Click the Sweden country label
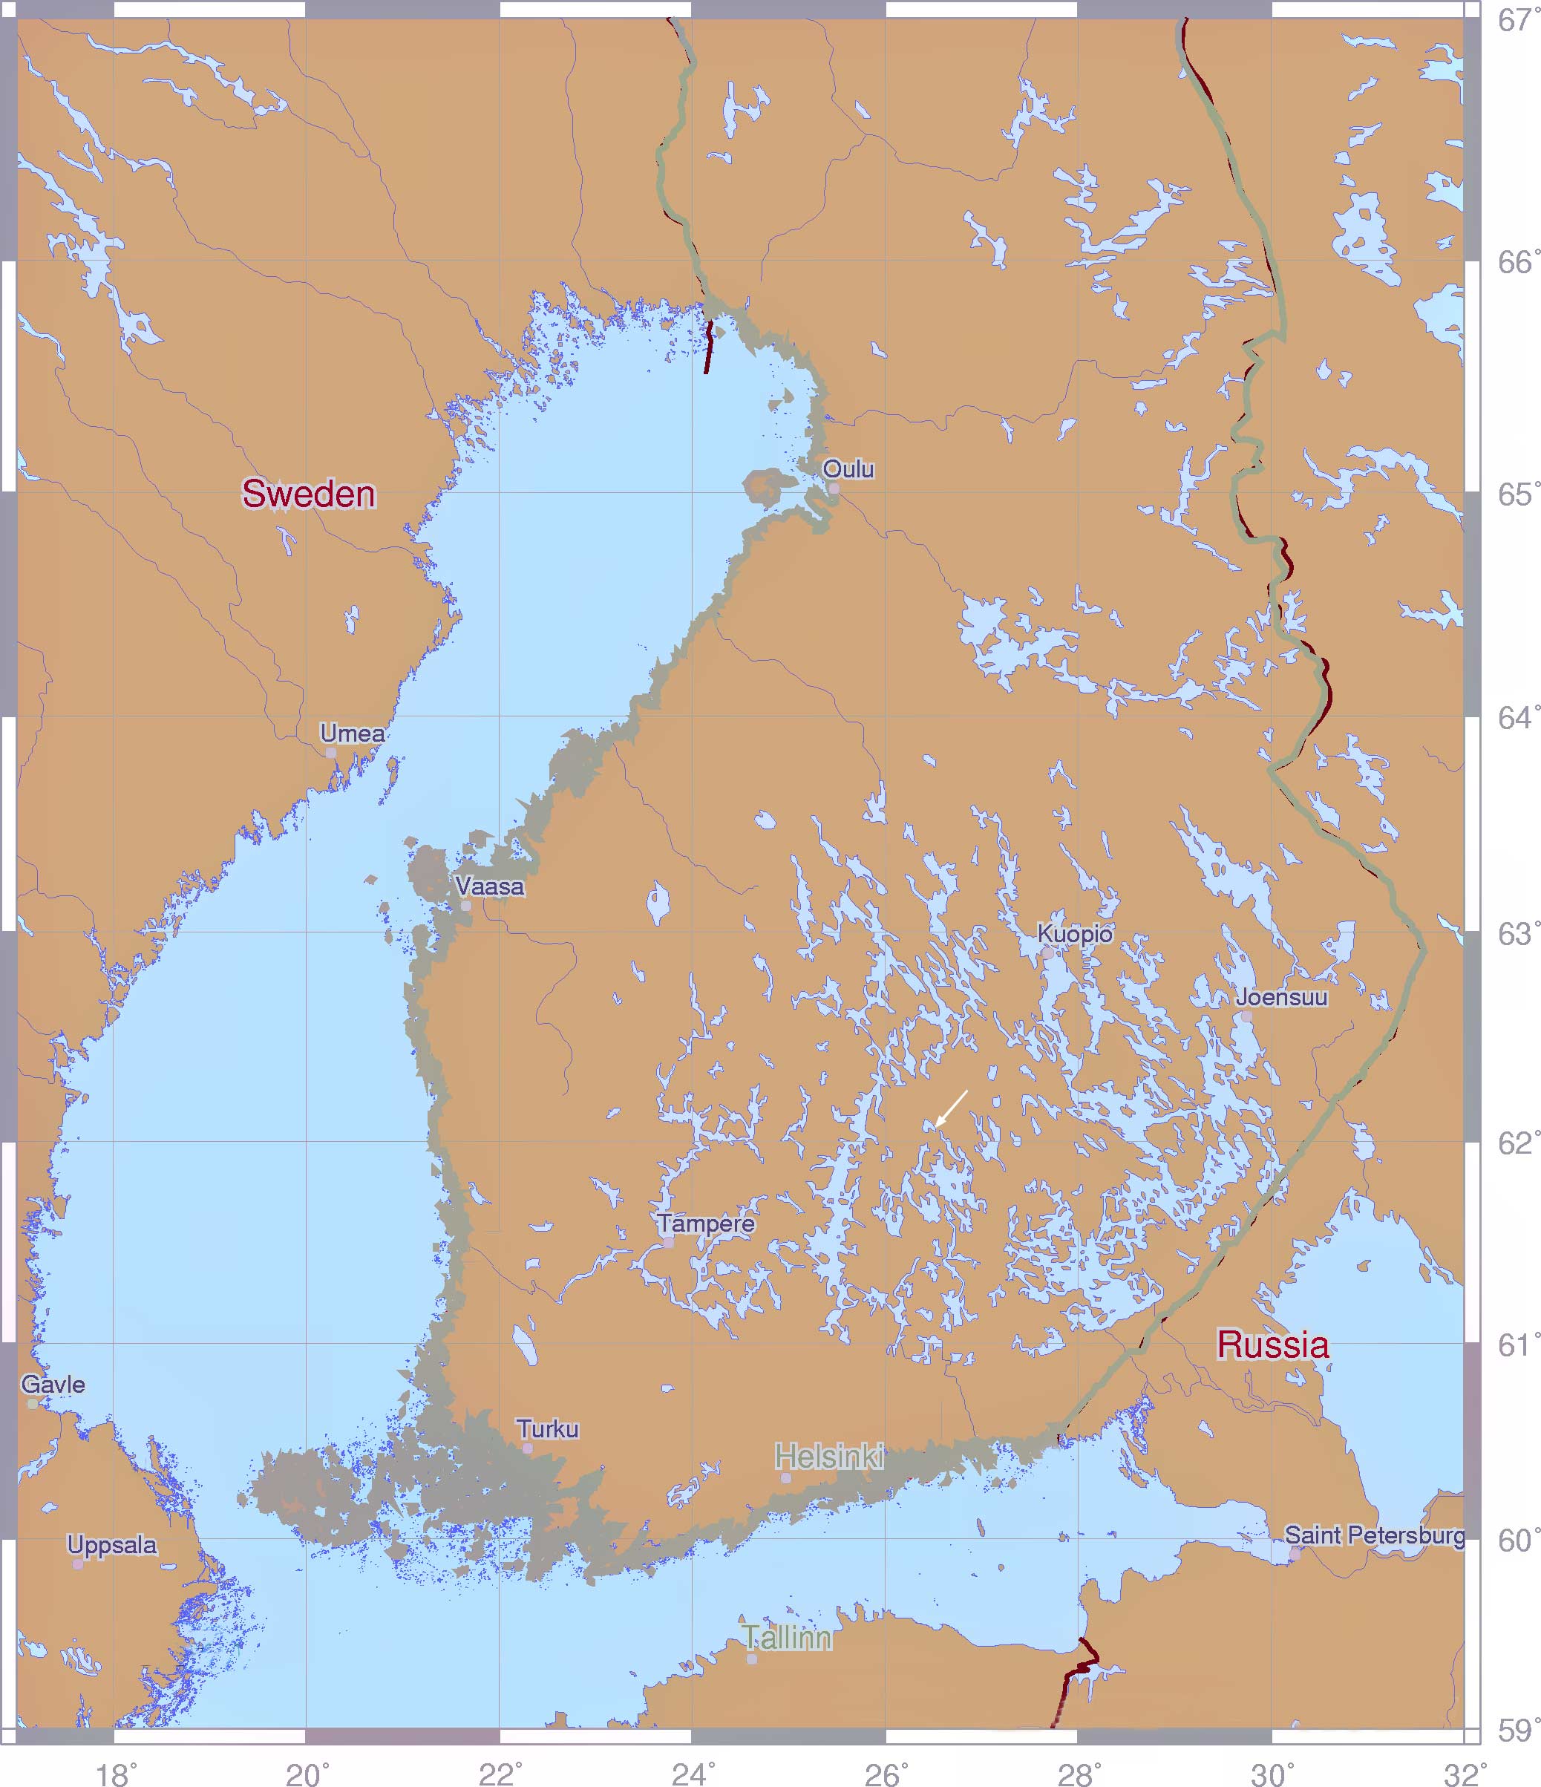point(308,494)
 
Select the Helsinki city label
point(828,1457)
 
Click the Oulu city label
point(848,469)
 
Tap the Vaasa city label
point(489,886)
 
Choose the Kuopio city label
point(1075,933)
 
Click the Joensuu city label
point(1280,997)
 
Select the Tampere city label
point(705,1223)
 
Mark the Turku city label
point(548,1429)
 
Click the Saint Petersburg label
point(1374,1535)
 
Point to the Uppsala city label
point(112,1545)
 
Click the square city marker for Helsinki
point(785,1478)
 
